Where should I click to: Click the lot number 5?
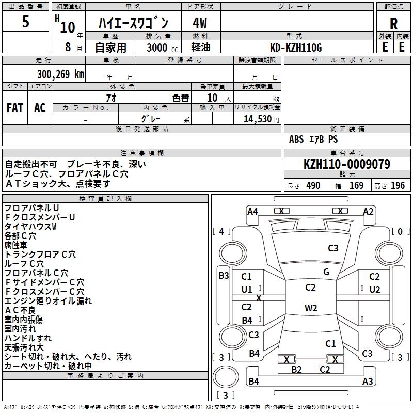(x=26, y=23)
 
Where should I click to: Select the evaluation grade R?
(x=393, y=23)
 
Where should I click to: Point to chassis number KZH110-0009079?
(x=347, y=165)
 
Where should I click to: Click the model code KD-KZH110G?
(x=297, y=47)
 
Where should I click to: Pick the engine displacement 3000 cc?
(x=157, y=47)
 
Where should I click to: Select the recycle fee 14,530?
(x=257, y=119)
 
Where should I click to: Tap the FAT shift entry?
(x=14, y=107)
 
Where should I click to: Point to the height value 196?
(x=398, y=186)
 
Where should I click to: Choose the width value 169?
(x=356, y=186)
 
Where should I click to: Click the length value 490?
(x=313, y=186)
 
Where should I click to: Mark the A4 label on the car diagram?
(x=252, y=211)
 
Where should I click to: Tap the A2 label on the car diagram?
(x=368, y=211)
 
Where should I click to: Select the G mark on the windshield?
(x=326, y=272)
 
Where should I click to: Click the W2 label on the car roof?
(x=310, y=308)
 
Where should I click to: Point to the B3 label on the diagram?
(x=224, y=276)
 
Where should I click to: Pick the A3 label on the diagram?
(x=368, y=382)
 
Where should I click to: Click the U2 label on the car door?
(x=374, y=289)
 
